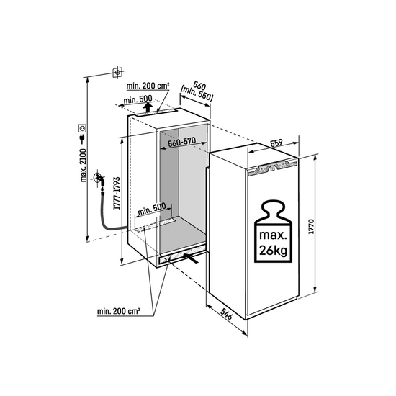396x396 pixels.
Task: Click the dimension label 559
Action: (276, 143)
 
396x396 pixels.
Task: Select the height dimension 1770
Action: (311, 227)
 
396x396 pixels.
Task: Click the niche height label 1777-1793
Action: (117, 194)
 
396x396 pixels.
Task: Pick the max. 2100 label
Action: (83, 166)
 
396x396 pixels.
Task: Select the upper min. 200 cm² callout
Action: (148, 86)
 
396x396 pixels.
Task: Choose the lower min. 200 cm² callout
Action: (119, 311)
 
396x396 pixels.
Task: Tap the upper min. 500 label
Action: (138, 99)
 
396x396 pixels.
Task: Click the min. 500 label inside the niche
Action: (152, 209)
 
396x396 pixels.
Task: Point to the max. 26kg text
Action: (274, 243)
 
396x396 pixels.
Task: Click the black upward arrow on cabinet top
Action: (148, 107)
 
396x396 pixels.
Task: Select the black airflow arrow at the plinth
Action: (190, 258)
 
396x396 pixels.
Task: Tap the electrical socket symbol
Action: (83, 128)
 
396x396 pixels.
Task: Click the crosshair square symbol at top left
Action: (117, 73)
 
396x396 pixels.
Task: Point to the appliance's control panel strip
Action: (272, 168)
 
